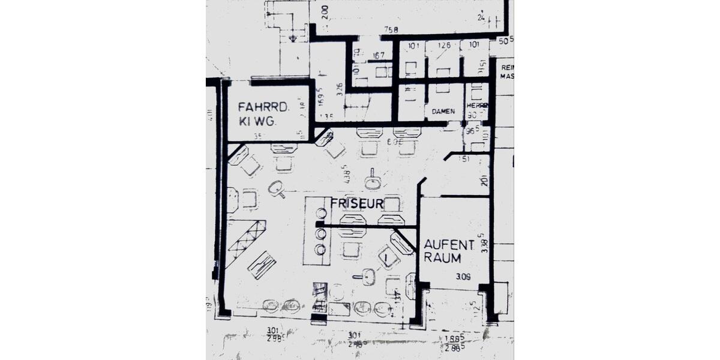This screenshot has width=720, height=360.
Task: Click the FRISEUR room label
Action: tap(356, 204)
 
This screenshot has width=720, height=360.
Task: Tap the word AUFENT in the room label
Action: tap(449, 245)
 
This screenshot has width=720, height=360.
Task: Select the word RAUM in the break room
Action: tap(443, 258)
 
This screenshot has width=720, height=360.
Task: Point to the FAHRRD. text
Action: tap(264, 107)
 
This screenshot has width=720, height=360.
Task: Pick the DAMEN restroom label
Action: tap(443, 112)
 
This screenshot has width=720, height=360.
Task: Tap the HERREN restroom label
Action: tap(478, 104)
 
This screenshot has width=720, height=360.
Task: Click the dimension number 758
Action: tap(391, 31)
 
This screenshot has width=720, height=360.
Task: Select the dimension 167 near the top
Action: tap(378, 56)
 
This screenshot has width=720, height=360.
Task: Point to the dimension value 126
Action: tap(443, 45)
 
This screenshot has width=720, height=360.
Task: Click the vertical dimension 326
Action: tap(340, 90)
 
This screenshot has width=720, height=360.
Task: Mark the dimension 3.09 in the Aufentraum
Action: tap(463, 277)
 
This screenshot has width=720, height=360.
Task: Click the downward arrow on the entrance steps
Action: tap(292, 38)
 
